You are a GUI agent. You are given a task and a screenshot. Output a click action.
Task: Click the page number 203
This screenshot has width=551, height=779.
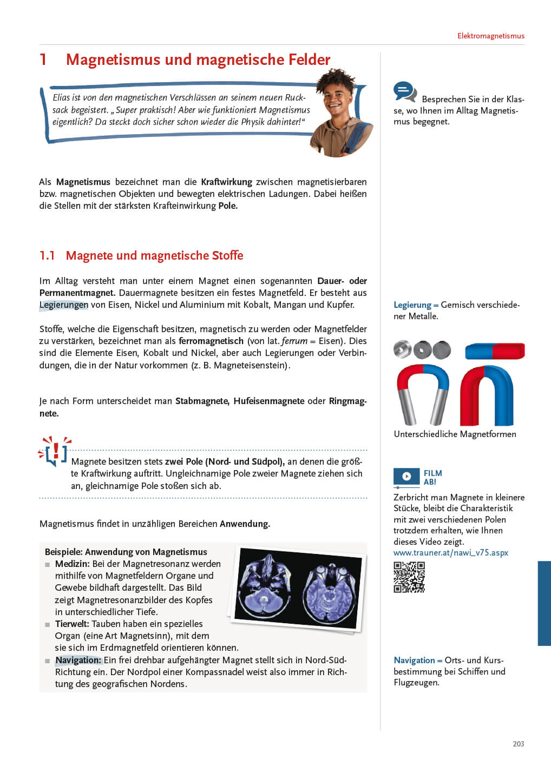[518, 744]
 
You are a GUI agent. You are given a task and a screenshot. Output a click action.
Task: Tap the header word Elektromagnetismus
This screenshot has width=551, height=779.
[490, 36]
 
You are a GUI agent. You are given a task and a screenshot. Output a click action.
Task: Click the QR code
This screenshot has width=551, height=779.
[409, 577]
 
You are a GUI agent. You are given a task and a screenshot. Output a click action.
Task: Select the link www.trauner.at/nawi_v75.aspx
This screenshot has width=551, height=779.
[450, 553]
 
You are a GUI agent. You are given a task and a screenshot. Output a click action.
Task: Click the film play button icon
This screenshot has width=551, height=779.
[406, 476]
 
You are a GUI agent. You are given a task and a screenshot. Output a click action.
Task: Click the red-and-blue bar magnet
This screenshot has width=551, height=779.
[495, 351]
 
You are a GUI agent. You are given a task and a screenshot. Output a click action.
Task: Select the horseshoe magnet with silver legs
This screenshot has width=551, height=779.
[423, 393]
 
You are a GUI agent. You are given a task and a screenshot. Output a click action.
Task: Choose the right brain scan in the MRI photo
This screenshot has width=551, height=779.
[330, 593]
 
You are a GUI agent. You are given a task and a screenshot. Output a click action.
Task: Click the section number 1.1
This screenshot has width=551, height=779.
[47, 255]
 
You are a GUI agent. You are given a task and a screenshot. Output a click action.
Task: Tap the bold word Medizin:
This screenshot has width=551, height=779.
[72, 564]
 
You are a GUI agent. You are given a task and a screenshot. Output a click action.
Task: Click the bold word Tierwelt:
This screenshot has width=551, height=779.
[72, 624]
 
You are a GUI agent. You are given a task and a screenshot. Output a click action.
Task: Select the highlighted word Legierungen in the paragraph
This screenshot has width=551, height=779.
[63, 305]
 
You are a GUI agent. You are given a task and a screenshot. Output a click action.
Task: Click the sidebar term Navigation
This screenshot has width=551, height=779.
[414, 660]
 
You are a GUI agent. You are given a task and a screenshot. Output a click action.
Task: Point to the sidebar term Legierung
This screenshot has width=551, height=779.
[412, 305]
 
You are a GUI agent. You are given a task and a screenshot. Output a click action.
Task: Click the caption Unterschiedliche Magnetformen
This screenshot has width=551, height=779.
[455, 434]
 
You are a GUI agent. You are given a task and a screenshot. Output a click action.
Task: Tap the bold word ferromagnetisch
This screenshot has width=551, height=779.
[211, 341]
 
